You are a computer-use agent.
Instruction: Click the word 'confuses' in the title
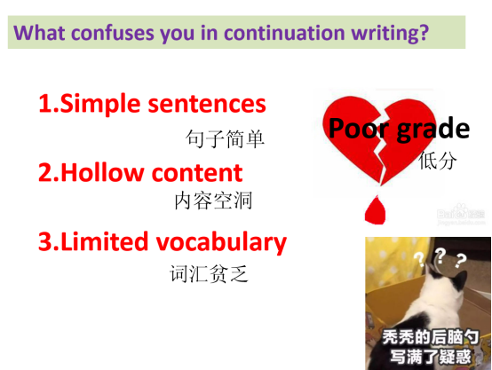pyautogui.click(x=113, y=33)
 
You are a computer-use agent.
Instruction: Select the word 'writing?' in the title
pyautogui.click(x=390, y=33)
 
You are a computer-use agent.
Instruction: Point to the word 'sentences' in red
pyautogui.click(x=207, y=104)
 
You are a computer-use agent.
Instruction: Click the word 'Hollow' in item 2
pyautogui.click(x=102, y=172)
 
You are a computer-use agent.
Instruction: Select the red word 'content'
pyautogui.click(x=197, y=173)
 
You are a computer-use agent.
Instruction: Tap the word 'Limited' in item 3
pyautogui.click(x=104, y=241)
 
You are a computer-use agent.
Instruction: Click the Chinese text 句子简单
pyautogui.click(x=225, y=138)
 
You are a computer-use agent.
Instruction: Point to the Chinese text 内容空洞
pyautogui.click(x=213, y=201)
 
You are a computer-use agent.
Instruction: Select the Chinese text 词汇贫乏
pyautogui.click(x=209, y=273)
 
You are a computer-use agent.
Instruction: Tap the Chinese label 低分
pyautogui.click(x=438, y=161)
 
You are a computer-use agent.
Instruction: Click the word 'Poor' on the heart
pyautogui.click(x=359, y=128)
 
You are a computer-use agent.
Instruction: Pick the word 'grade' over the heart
pyautogui.click(x=433, y=129)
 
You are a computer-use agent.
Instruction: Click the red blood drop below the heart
pyautogui.click(x=376, y=209)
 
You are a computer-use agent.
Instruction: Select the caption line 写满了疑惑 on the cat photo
pyautogui.click(x=431, y=357)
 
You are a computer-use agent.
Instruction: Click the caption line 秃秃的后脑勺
pyautogui.click(x=431, y=337)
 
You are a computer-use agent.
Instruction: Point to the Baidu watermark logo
pyautogui.click(x=461, y=214)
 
